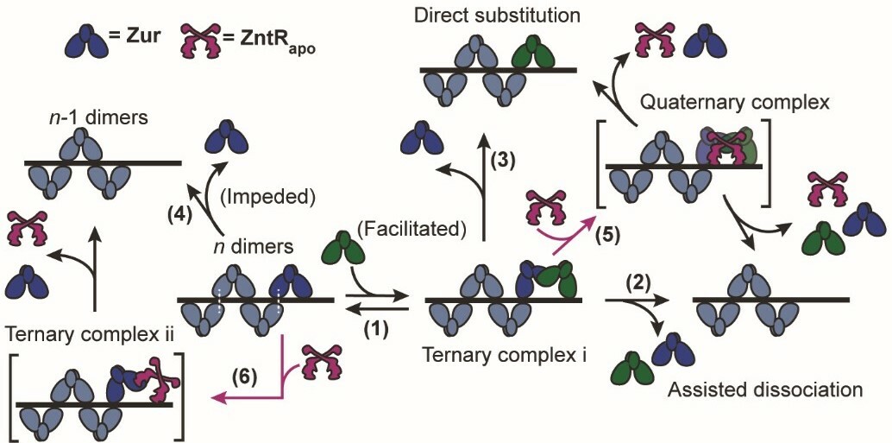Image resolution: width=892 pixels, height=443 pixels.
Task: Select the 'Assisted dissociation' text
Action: [x=765, y=389]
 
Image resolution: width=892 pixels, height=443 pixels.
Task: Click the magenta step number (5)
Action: [x=606, y=232]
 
